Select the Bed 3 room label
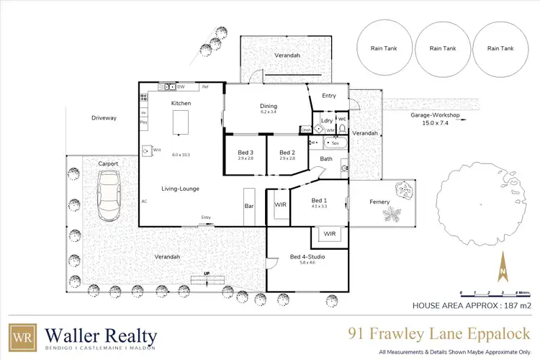pos(246,153)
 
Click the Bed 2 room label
pos(287,153)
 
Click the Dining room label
pos(269,107)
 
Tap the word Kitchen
pos(181,104)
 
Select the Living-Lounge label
pos(181,189)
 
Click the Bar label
pos(250,205)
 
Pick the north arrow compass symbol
pos(503,269)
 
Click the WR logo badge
pos(21,337)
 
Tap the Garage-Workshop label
pos(435,115)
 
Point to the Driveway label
pos(104,117)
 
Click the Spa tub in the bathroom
pos(335,143)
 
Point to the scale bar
pos(495,293)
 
